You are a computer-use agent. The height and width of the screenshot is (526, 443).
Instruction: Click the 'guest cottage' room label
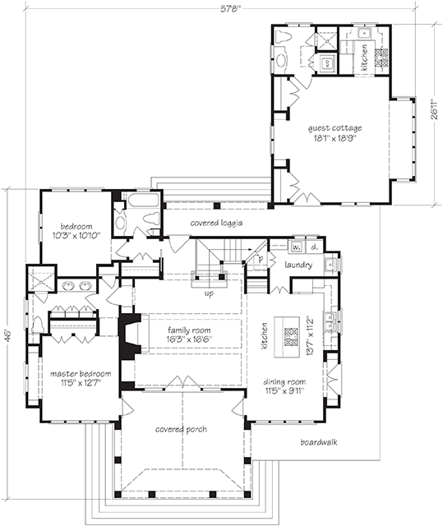click(x=335, y=128)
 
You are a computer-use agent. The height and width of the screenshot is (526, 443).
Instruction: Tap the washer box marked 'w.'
click(x=296, y=247)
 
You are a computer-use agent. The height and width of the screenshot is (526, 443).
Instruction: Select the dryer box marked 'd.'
click(x=315, y=247)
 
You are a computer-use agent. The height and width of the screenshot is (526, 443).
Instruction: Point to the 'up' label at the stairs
click(x=210, y=292)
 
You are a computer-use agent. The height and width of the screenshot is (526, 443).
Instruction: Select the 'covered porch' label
click(x=180, y=429)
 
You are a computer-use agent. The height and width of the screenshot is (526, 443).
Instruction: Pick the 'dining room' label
click(x=285, y=382)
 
